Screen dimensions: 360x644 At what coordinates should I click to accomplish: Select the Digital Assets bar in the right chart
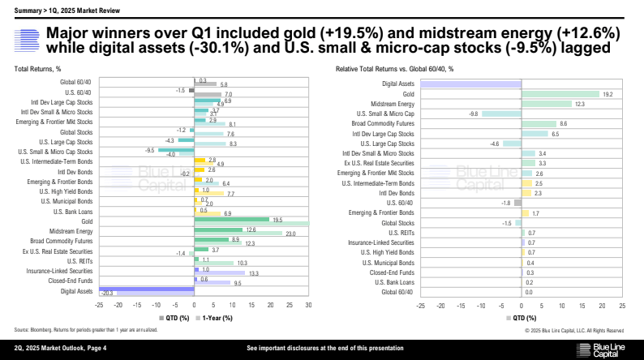[470, 84]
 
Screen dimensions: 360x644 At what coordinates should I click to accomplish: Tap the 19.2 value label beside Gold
[606, 94]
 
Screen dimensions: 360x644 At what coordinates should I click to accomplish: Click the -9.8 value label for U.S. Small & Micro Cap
[474, 114]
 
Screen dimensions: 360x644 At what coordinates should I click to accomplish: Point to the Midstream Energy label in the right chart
[392, 104]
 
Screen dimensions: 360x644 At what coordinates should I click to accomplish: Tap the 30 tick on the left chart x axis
[308, 305]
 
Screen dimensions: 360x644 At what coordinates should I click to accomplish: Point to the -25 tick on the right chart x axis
[420, 306]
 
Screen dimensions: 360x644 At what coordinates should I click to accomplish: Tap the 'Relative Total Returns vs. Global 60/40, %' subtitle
[394, 69]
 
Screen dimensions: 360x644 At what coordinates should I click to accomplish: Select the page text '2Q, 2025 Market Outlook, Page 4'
[62, 349]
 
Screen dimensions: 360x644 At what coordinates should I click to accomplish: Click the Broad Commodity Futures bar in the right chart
[539, 124]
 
